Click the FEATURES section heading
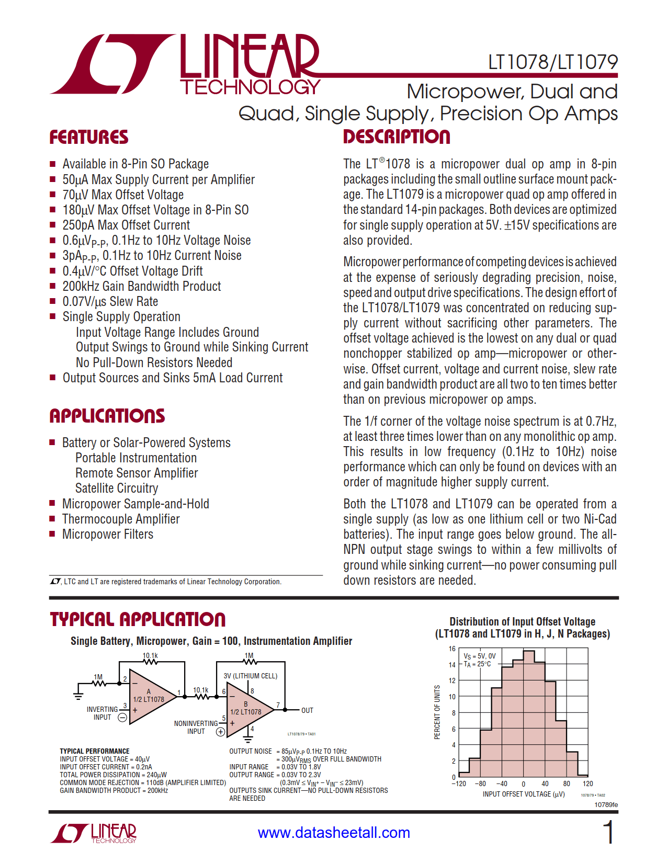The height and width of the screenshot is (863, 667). point(89,138)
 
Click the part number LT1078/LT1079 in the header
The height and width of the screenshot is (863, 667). point(552,62)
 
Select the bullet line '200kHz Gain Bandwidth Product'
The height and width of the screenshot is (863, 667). point(141,286)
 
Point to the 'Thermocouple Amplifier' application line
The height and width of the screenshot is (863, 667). point(121,519)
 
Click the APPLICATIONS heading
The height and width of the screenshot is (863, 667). point(107,416)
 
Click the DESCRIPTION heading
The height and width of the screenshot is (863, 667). point(397,137)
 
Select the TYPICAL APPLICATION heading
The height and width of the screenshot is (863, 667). point(138,620)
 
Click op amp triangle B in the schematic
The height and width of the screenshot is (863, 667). point(248,709)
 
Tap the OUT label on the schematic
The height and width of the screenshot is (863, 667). point(307,710)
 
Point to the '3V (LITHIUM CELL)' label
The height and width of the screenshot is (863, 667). point(251,676)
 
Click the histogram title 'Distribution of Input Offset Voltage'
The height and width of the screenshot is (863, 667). point(522,621)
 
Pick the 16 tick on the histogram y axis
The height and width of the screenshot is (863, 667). point(452,649)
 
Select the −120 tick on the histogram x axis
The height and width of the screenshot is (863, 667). point(459,783)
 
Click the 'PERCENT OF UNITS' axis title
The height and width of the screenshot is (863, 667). point(437,712)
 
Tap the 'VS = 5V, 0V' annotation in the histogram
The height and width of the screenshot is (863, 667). point(480,656)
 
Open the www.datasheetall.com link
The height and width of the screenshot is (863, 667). point(334,833)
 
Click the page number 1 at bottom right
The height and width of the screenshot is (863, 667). point(608,832)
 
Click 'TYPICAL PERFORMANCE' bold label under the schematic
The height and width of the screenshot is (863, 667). point(95,751)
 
